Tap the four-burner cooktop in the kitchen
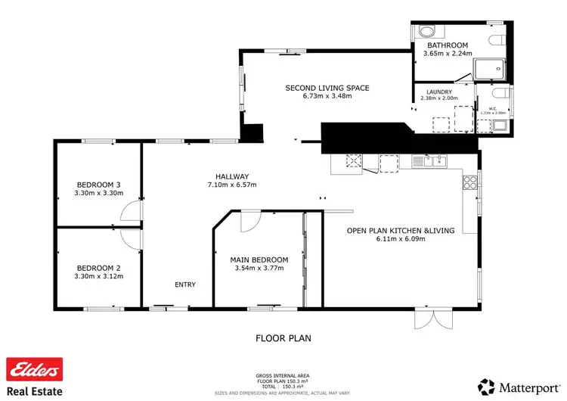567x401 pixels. coord(469,182)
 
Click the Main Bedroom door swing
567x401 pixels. coord(249,222)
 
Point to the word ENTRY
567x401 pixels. coord(185,284)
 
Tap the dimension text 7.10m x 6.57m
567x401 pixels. coord(232,185)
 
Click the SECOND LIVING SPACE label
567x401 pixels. coord(327,88)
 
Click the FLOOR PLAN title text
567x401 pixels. coord(283,338)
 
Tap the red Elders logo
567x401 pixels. coord(34,370)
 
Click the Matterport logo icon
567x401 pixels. coord(487,387)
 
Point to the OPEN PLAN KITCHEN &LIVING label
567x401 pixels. coord(401,230)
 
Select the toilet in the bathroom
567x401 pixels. coord(497,39)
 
